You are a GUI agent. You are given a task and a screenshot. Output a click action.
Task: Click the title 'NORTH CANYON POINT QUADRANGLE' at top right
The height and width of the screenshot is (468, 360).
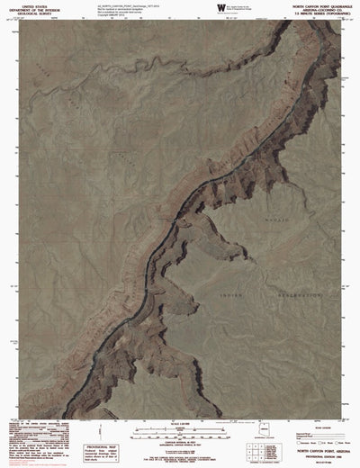tap(314, 4)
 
